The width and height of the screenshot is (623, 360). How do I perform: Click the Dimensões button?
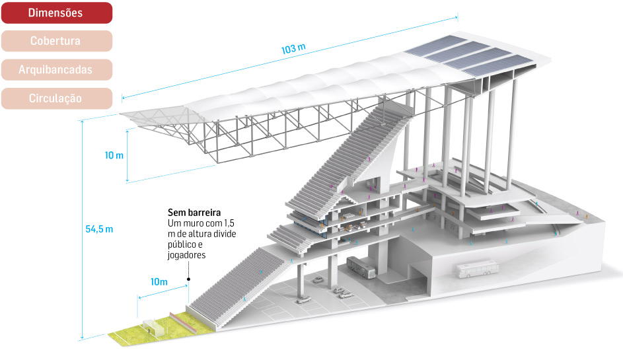click(56, 13)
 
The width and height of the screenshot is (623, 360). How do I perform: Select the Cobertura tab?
click(56, 41)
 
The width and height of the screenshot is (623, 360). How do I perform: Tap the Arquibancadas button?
click(56, 69)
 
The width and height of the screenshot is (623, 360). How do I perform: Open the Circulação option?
click(56, 98)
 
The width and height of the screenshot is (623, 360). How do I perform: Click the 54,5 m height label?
click(100, 229)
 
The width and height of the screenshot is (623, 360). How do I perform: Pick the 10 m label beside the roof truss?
click(114, 155)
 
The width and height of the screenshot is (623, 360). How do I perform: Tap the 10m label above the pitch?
click(159, 282)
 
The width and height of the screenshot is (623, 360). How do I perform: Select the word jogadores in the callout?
click(187, 255)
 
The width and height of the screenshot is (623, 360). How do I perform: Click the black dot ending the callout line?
click(188, 279)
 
